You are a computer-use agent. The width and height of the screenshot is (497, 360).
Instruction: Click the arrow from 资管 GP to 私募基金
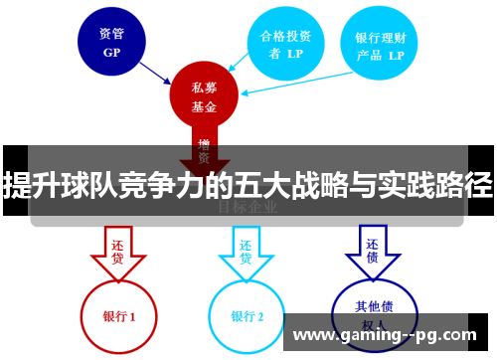(157, 69)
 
